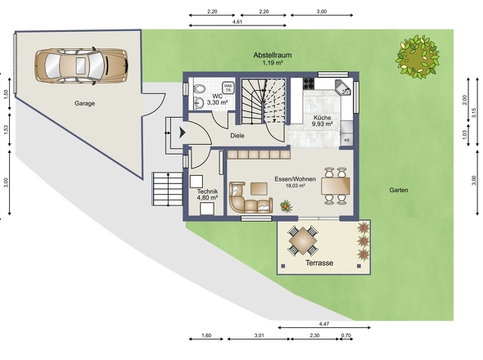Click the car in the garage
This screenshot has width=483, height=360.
[81, 65]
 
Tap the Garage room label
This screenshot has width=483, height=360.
[84, 103]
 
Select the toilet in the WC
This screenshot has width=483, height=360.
[200, 89]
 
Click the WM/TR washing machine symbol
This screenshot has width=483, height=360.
[228, 88]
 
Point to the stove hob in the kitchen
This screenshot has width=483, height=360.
[309, 83]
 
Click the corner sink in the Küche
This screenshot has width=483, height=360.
[343, 88]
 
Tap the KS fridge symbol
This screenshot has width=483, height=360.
[347, 140]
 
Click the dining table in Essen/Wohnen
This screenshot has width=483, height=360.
[335, 186]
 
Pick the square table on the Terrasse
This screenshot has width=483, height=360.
[303, 241]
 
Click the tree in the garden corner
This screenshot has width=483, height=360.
[418, 56]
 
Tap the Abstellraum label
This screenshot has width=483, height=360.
[273, 55]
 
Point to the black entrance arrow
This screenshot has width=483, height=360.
[182, 133]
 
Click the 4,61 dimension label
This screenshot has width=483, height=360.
[237, 21]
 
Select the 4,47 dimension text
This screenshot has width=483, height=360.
[324, 324]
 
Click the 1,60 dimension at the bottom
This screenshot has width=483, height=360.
[206, 335]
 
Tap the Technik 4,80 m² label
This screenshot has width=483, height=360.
[207, 195]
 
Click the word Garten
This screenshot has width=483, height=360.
[399, 190]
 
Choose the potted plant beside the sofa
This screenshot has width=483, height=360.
[287, 206]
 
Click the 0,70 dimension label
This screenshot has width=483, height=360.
[346, 335]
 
